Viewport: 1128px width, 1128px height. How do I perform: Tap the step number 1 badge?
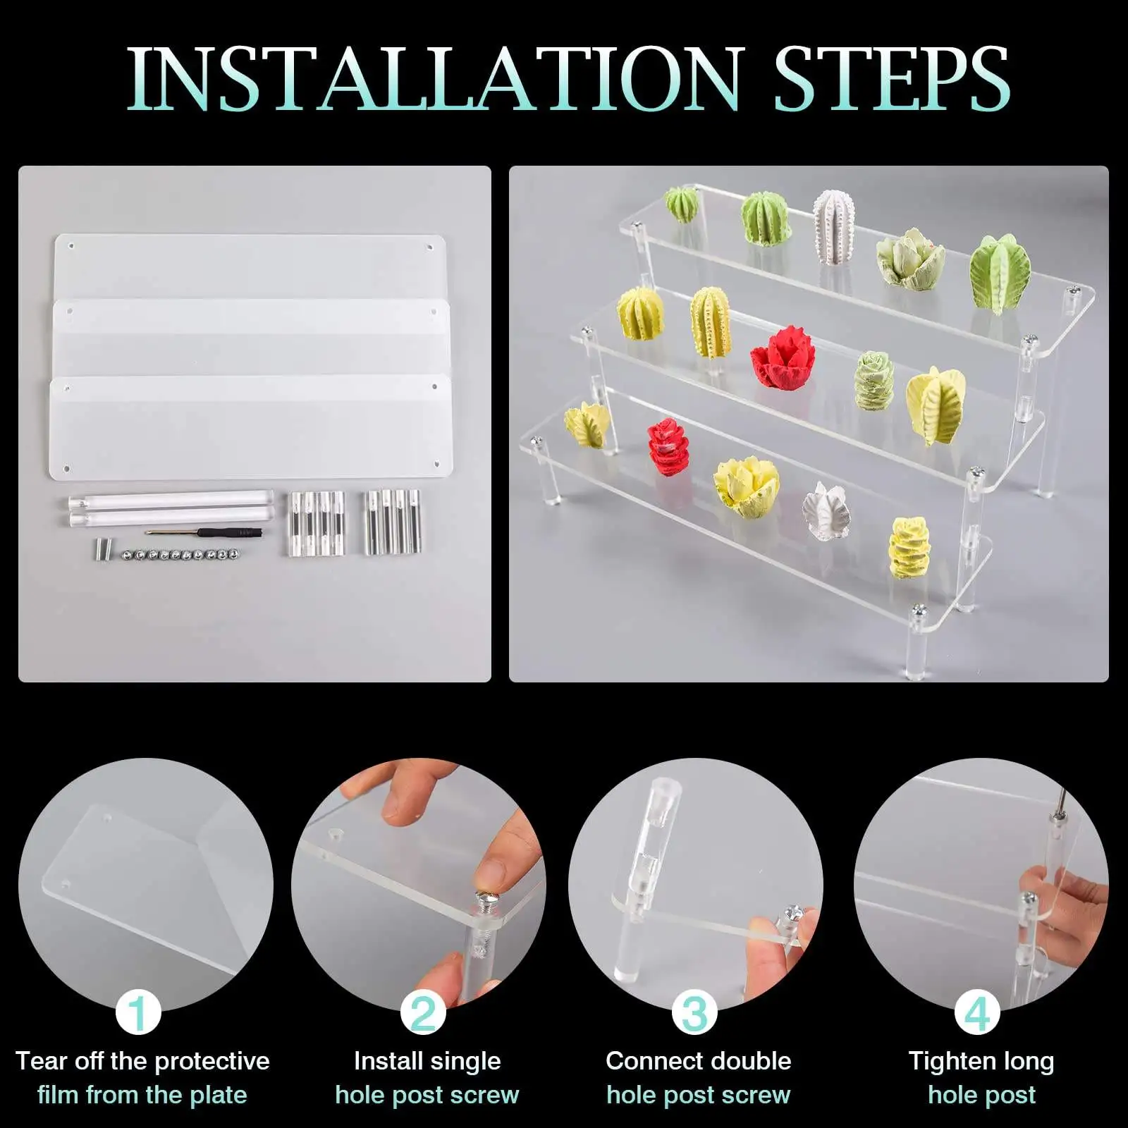pos(139,1012)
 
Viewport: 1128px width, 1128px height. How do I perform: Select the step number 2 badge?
pos(423,1012)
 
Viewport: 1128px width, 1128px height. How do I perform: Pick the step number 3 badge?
pos(694,1012)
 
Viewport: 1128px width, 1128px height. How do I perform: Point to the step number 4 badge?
pos(977,1014)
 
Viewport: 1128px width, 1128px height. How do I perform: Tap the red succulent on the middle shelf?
pos(783,358)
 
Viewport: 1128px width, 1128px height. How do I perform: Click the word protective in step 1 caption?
pos(211,1060)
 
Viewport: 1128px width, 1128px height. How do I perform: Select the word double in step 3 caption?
pos(749,1060)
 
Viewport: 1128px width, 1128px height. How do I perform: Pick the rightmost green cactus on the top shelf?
pos(1000,274)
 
